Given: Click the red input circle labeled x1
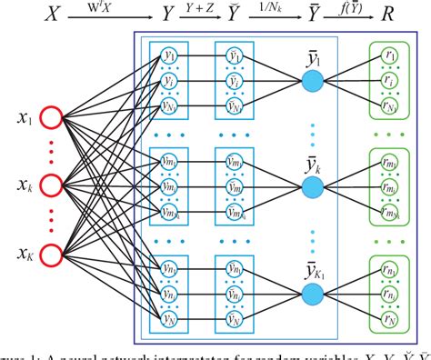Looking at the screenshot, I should [x=50, y=118].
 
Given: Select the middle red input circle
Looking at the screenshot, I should [x=50, y=186].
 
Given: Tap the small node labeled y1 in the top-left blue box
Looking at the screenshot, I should [x=167, y=55].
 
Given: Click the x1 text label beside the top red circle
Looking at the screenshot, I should [x=16, y=118].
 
